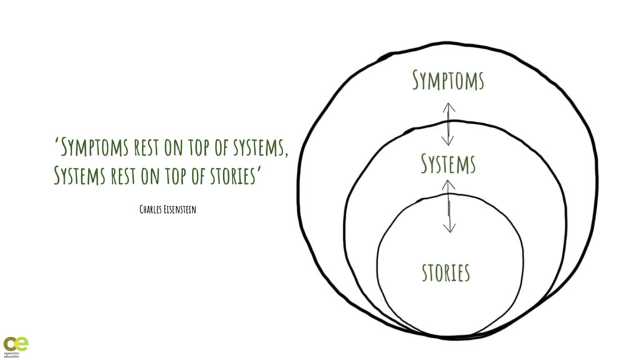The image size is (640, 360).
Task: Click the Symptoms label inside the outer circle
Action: click(447, 81)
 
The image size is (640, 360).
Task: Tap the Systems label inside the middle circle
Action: click(448, 164)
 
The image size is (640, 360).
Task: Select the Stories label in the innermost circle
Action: click(446, 273)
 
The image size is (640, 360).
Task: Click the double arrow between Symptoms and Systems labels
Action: click(449, 124)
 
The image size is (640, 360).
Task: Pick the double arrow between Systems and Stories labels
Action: click(448, 206)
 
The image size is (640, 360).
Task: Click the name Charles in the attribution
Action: click(152, 209)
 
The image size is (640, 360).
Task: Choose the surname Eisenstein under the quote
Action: click(182, 209)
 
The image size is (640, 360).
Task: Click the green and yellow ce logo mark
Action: click(15, 344)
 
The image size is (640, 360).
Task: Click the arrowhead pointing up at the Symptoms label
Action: click(449, 107)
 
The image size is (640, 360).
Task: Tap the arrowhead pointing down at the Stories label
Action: click(448, 227)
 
